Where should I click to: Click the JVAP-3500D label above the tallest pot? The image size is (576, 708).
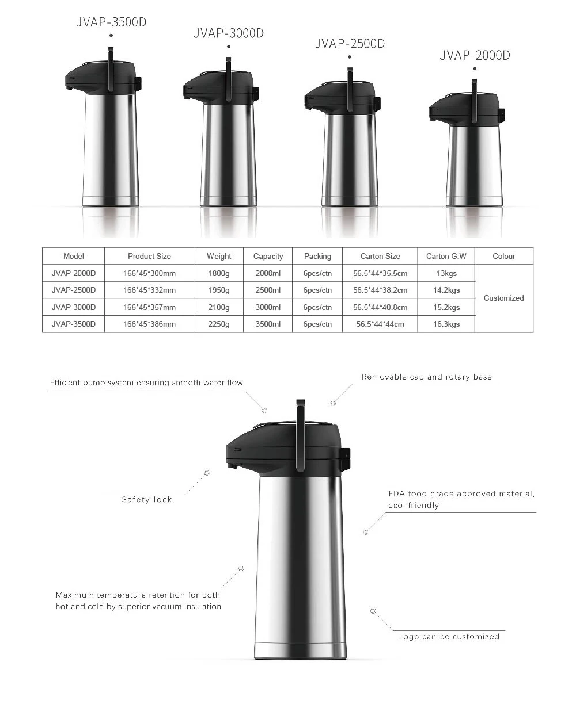click(111, 22)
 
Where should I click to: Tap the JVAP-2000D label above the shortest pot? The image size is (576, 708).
click(475, 55)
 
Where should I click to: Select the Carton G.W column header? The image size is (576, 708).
click(446, 256)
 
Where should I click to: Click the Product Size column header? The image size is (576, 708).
click(149, 256)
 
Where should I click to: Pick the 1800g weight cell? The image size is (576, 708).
click(219, 273)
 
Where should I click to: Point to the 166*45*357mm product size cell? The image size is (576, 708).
click(149, 307)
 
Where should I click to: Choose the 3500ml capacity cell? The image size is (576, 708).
click(268, 324)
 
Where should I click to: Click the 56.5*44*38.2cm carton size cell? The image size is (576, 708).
click(380, 290)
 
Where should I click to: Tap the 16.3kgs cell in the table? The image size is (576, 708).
click(446, 324)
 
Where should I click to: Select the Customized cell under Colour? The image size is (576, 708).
click(503, 298)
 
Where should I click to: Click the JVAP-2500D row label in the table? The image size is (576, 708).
click(74, 290)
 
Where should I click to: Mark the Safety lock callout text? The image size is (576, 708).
click(147, 499)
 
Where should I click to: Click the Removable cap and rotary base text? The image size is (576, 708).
click(426, 377)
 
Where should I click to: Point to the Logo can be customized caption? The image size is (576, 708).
click(449, 637)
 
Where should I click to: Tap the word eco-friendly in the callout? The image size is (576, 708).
click(414, 506)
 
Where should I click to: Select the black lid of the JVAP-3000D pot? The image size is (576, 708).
click(219, 86)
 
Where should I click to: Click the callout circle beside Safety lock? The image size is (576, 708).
click(207, 473)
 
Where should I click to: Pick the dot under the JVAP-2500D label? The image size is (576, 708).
click(350, 58)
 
